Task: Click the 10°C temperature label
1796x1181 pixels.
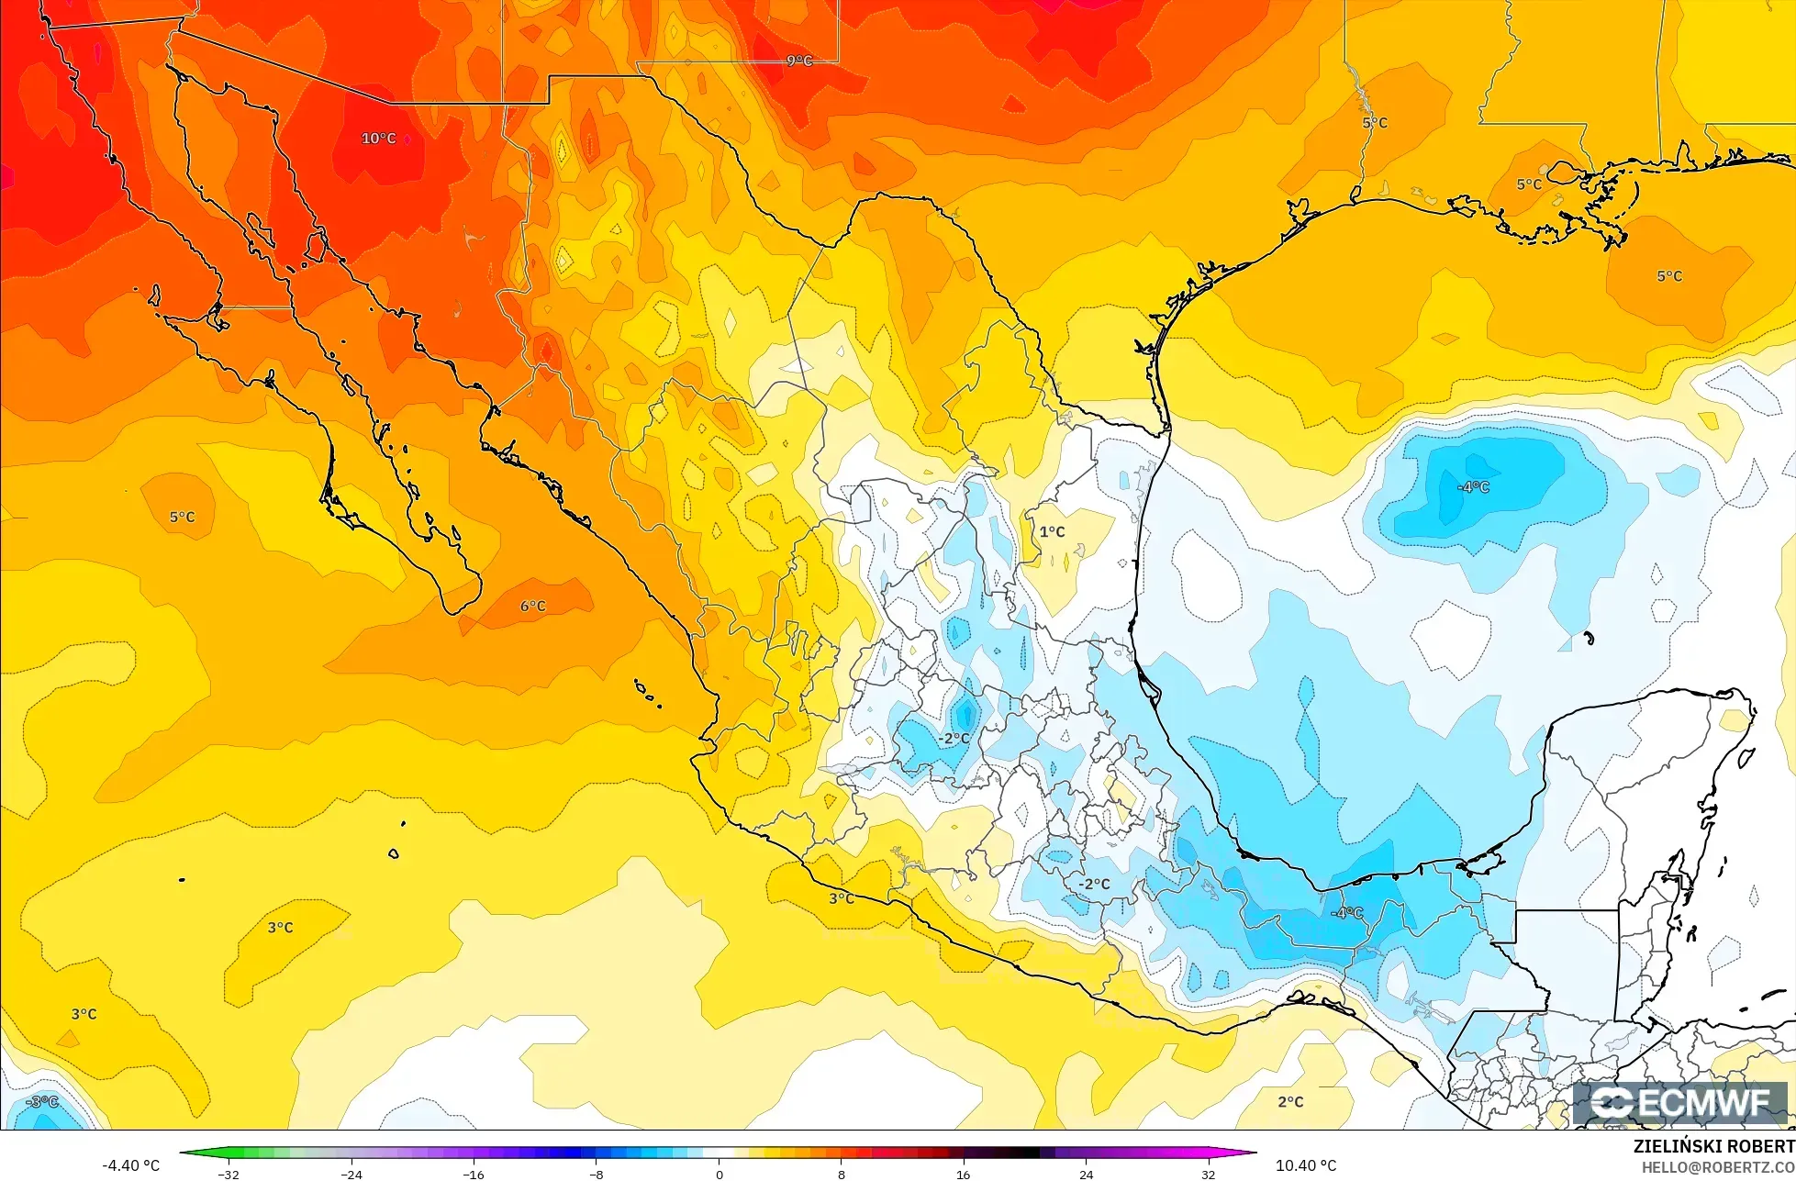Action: (x=378, y=139)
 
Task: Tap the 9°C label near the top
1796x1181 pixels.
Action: (x=799, y=61)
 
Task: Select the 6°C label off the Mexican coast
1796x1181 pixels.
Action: (x=533, y=606)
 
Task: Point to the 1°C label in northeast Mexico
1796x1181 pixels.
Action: (x=1052, y=531)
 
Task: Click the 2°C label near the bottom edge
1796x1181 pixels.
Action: (x=1290, y=1101)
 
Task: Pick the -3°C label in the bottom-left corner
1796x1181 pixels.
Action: (x=41, y=1101)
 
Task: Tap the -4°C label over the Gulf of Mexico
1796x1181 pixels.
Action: (x=1473, y=486)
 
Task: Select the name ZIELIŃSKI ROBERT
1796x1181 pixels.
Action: (x=1713, y=1146)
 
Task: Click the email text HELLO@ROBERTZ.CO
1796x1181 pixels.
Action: (x=1717, y=1167)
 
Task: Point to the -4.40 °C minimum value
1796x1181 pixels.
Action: (x=130, y=1165)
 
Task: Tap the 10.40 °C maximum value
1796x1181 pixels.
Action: (x=1306, y=1165)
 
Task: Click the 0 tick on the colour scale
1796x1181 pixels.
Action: (x=719, y=1174)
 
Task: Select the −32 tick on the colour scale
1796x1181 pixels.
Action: (x=228, y=1174)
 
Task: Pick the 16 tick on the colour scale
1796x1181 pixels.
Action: (x=963, y=1174)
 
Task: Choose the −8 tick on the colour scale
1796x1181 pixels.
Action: (x=596, y=1174)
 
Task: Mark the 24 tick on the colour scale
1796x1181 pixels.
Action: (x=1086, y=1174)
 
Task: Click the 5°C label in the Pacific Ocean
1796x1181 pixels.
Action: (x=182, y=517)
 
